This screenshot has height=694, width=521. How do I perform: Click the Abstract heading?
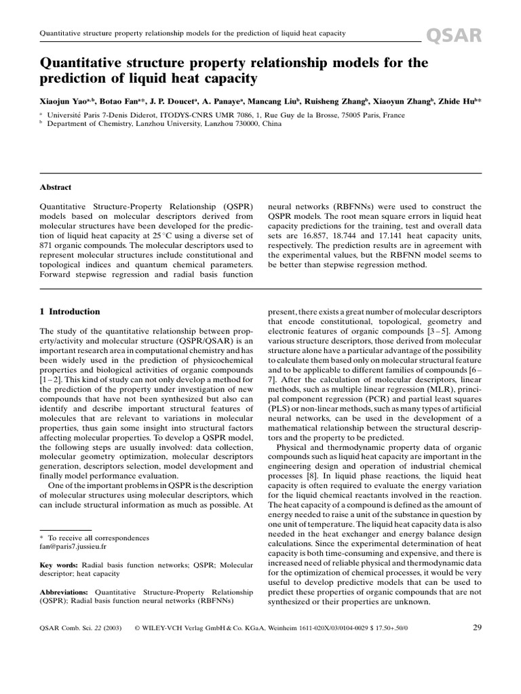(x=57, y=187)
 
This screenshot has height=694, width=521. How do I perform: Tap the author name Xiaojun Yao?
(x=65, y=100)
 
